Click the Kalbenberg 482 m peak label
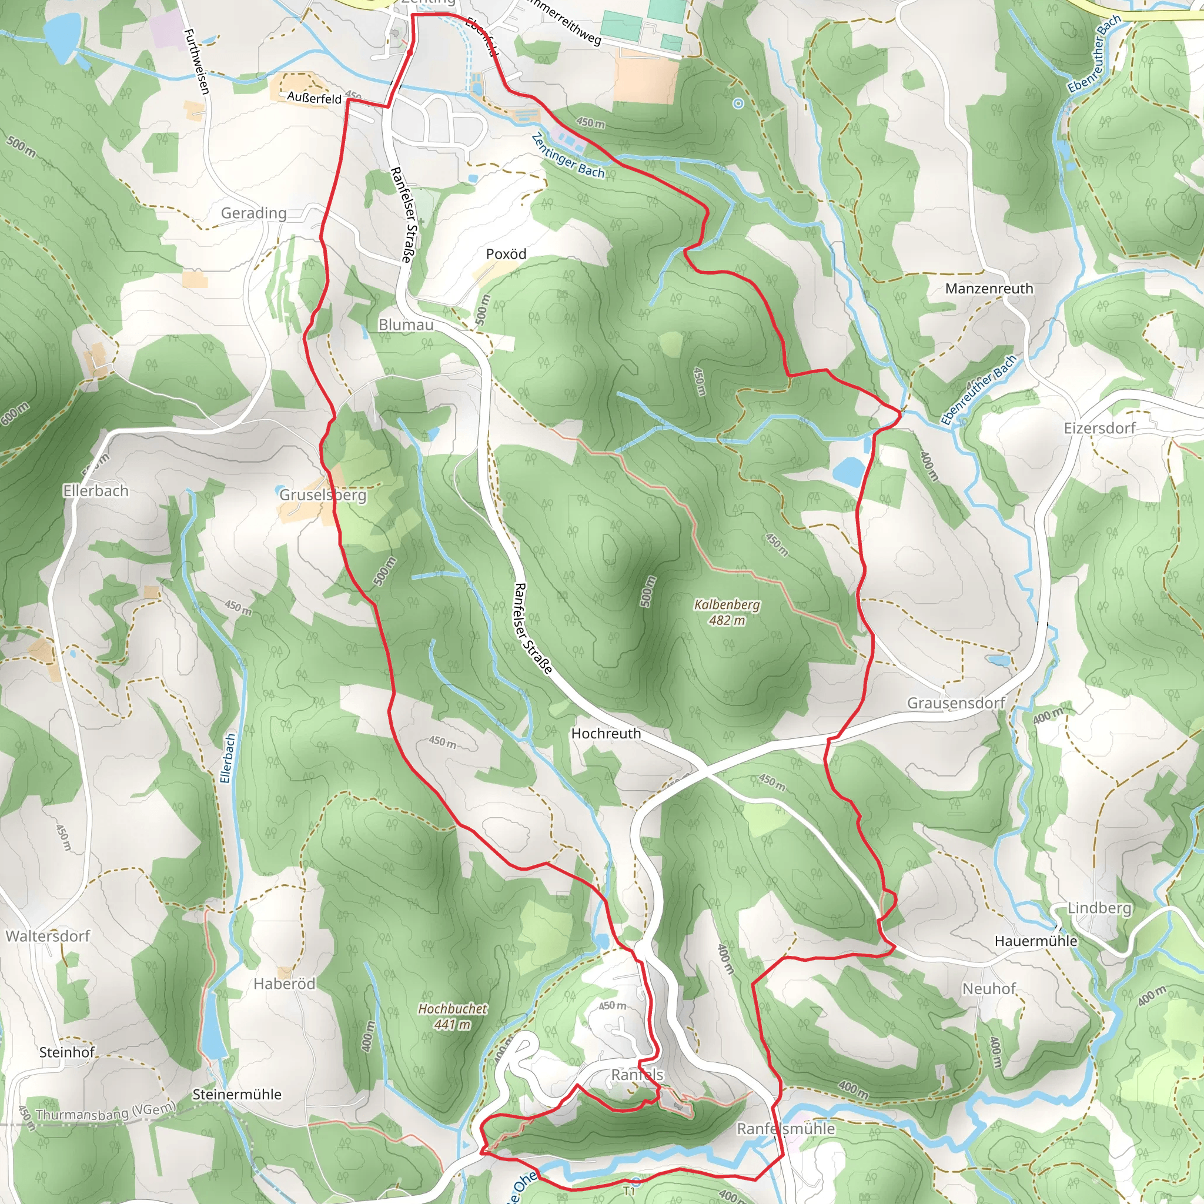click(x=727, y=612)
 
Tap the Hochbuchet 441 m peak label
click(x=453, y=1016)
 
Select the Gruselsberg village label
click(x=322, y=495)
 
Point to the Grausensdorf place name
click(x=955, y=703)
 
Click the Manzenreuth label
click(x=989, y=289)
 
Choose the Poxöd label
click(x=506, y=253)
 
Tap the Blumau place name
click(x=406, y=325)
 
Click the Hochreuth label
click(x=606, y=734)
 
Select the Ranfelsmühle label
click(x=785, y=1129)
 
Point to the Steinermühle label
click(x=237, y=1094)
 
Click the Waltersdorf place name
click(x=48, y=936)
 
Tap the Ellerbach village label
click(x=95, y=491)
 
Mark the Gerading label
click(x=253, y=213)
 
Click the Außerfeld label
click(x=314, y=98)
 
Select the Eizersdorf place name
click(x=1100, y=428)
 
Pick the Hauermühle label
click(x=1036, y=941)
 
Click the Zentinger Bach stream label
click(x=568, y=156)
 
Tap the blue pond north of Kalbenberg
click(x=850, y=471)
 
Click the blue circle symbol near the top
click(x=738, y=103)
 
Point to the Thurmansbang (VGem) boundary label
click(x=106, y=1112)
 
